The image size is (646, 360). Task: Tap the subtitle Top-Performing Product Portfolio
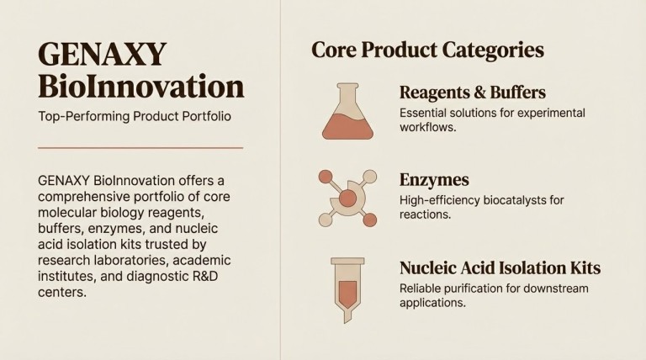coord(135,116)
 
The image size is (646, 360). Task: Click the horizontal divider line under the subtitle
coord(140,148)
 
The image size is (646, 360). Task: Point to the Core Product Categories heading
coord(427,50)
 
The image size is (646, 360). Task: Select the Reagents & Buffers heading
coord(472,93)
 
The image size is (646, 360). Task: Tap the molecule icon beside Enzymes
coord(347,198)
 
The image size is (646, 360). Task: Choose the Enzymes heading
coord(434,180)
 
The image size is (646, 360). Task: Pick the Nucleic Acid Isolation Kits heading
coord(500,268)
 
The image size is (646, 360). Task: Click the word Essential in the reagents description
coord(425,113)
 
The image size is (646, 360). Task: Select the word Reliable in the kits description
coord(421,289)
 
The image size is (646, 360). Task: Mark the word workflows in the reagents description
coord(429,128)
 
